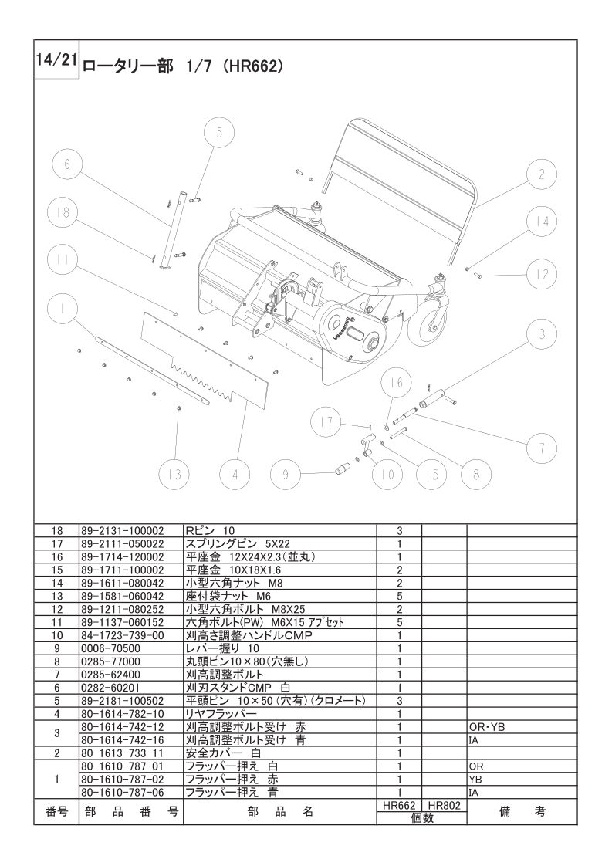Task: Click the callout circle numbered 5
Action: tap(218, 133)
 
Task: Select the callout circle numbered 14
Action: tap(541, 222)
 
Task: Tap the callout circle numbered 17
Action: tap(326, 422)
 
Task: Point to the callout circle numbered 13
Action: tap(174, 475)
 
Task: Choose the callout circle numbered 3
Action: tap(541, 334)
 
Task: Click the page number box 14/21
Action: tap(56, 59)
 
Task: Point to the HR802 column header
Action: tap(444, 806)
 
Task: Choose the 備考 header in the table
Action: tap(522, 812)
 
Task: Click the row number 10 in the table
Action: tap(57, 636)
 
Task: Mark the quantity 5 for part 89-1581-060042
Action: tap(399, 597)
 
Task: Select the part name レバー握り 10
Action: tap(222, 648)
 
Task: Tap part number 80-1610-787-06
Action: tap(123, 793)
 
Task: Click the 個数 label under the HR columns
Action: tap(422, 818)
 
